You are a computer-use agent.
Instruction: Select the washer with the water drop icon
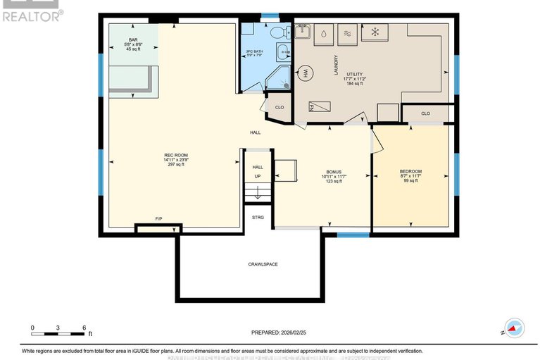click(x=323, y=32)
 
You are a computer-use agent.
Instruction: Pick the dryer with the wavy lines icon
click(x=347, y=32)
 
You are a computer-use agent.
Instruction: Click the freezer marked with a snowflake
click(x=375, y=32)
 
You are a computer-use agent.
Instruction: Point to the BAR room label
click(x=132, y=39)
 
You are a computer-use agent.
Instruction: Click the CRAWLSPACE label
click(x=262, y=264)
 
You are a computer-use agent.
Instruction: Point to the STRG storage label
click(x=258, y=218)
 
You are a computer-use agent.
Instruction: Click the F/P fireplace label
click(x=158, y=219)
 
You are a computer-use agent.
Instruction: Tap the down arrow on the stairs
click(x=258, y=192)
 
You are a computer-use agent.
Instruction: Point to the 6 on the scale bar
click(x=84, y=328)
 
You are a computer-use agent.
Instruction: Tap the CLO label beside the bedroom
click(x=425, y=113)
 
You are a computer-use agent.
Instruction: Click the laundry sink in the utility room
click(x=304, y=30)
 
